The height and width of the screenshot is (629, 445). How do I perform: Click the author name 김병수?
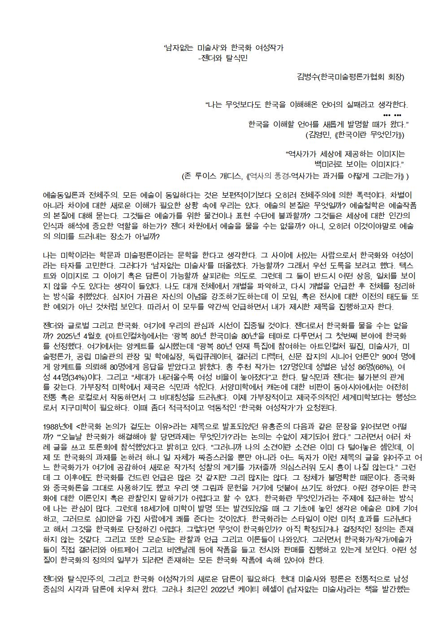[307, 77]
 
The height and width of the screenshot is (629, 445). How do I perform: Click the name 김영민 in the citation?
[319, 134]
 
